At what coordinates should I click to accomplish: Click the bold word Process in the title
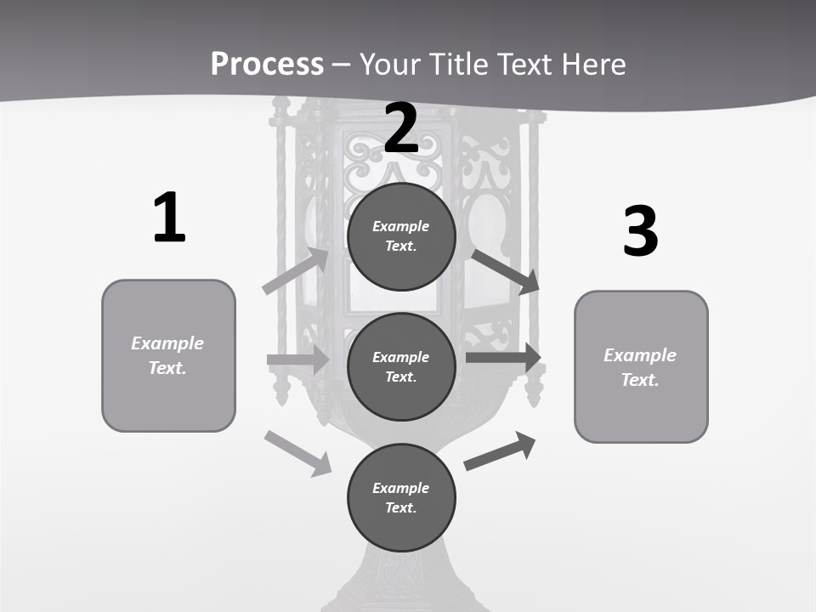pyautogui.click(x=267, y=65)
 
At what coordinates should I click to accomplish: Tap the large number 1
pyautogui.click(x=169, y=218)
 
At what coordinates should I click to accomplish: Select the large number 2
pyautogui.click(x=401, y=128)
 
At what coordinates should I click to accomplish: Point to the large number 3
pyautogui.click(x=640, y=231)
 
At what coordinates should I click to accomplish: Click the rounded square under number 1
pyautogui.click(x=168, y=355)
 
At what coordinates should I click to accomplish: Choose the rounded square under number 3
pyautogui.click(x=641, y=366)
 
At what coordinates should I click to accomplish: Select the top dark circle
pyautogui.click(x=401, y=236)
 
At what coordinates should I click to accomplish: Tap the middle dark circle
pyautogui.click(x=401, y=366)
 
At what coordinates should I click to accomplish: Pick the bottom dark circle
pyautogui.click(x=401, y=497)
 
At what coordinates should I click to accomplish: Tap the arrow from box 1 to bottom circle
pyautogui.click(x=297, y=453)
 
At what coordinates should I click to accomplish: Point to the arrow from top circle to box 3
pyautogui.click(x=506, y=272)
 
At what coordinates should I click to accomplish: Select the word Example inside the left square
pyautogui.click(x=167, y=343)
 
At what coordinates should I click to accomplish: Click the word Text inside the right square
pyautogui.click(x=640, y=380)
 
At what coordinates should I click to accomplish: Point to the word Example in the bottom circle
pyautogui.click(x=400, y=488)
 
